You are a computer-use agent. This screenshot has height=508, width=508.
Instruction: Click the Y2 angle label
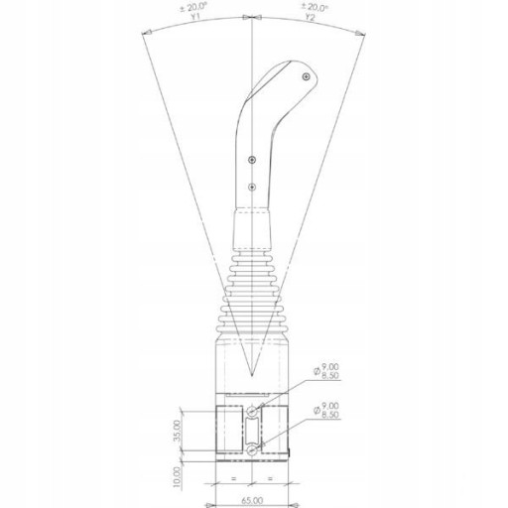(311, 17)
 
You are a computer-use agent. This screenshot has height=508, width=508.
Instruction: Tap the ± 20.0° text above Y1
(194, 7)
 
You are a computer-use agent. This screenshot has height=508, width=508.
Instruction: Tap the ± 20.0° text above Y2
(315, 7)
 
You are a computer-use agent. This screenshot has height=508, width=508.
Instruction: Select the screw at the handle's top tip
(307, 76)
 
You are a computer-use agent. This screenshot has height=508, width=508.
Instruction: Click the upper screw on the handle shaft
(252, 160)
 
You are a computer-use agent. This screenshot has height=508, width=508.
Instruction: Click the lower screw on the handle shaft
(252, 188)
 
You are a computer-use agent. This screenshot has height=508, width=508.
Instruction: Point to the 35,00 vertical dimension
(178, 431)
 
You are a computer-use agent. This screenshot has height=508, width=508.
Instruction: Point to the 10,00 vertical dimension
(178, 477)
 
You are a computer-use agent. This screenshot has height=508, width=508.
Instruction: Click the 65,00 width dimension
(252, 501)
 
